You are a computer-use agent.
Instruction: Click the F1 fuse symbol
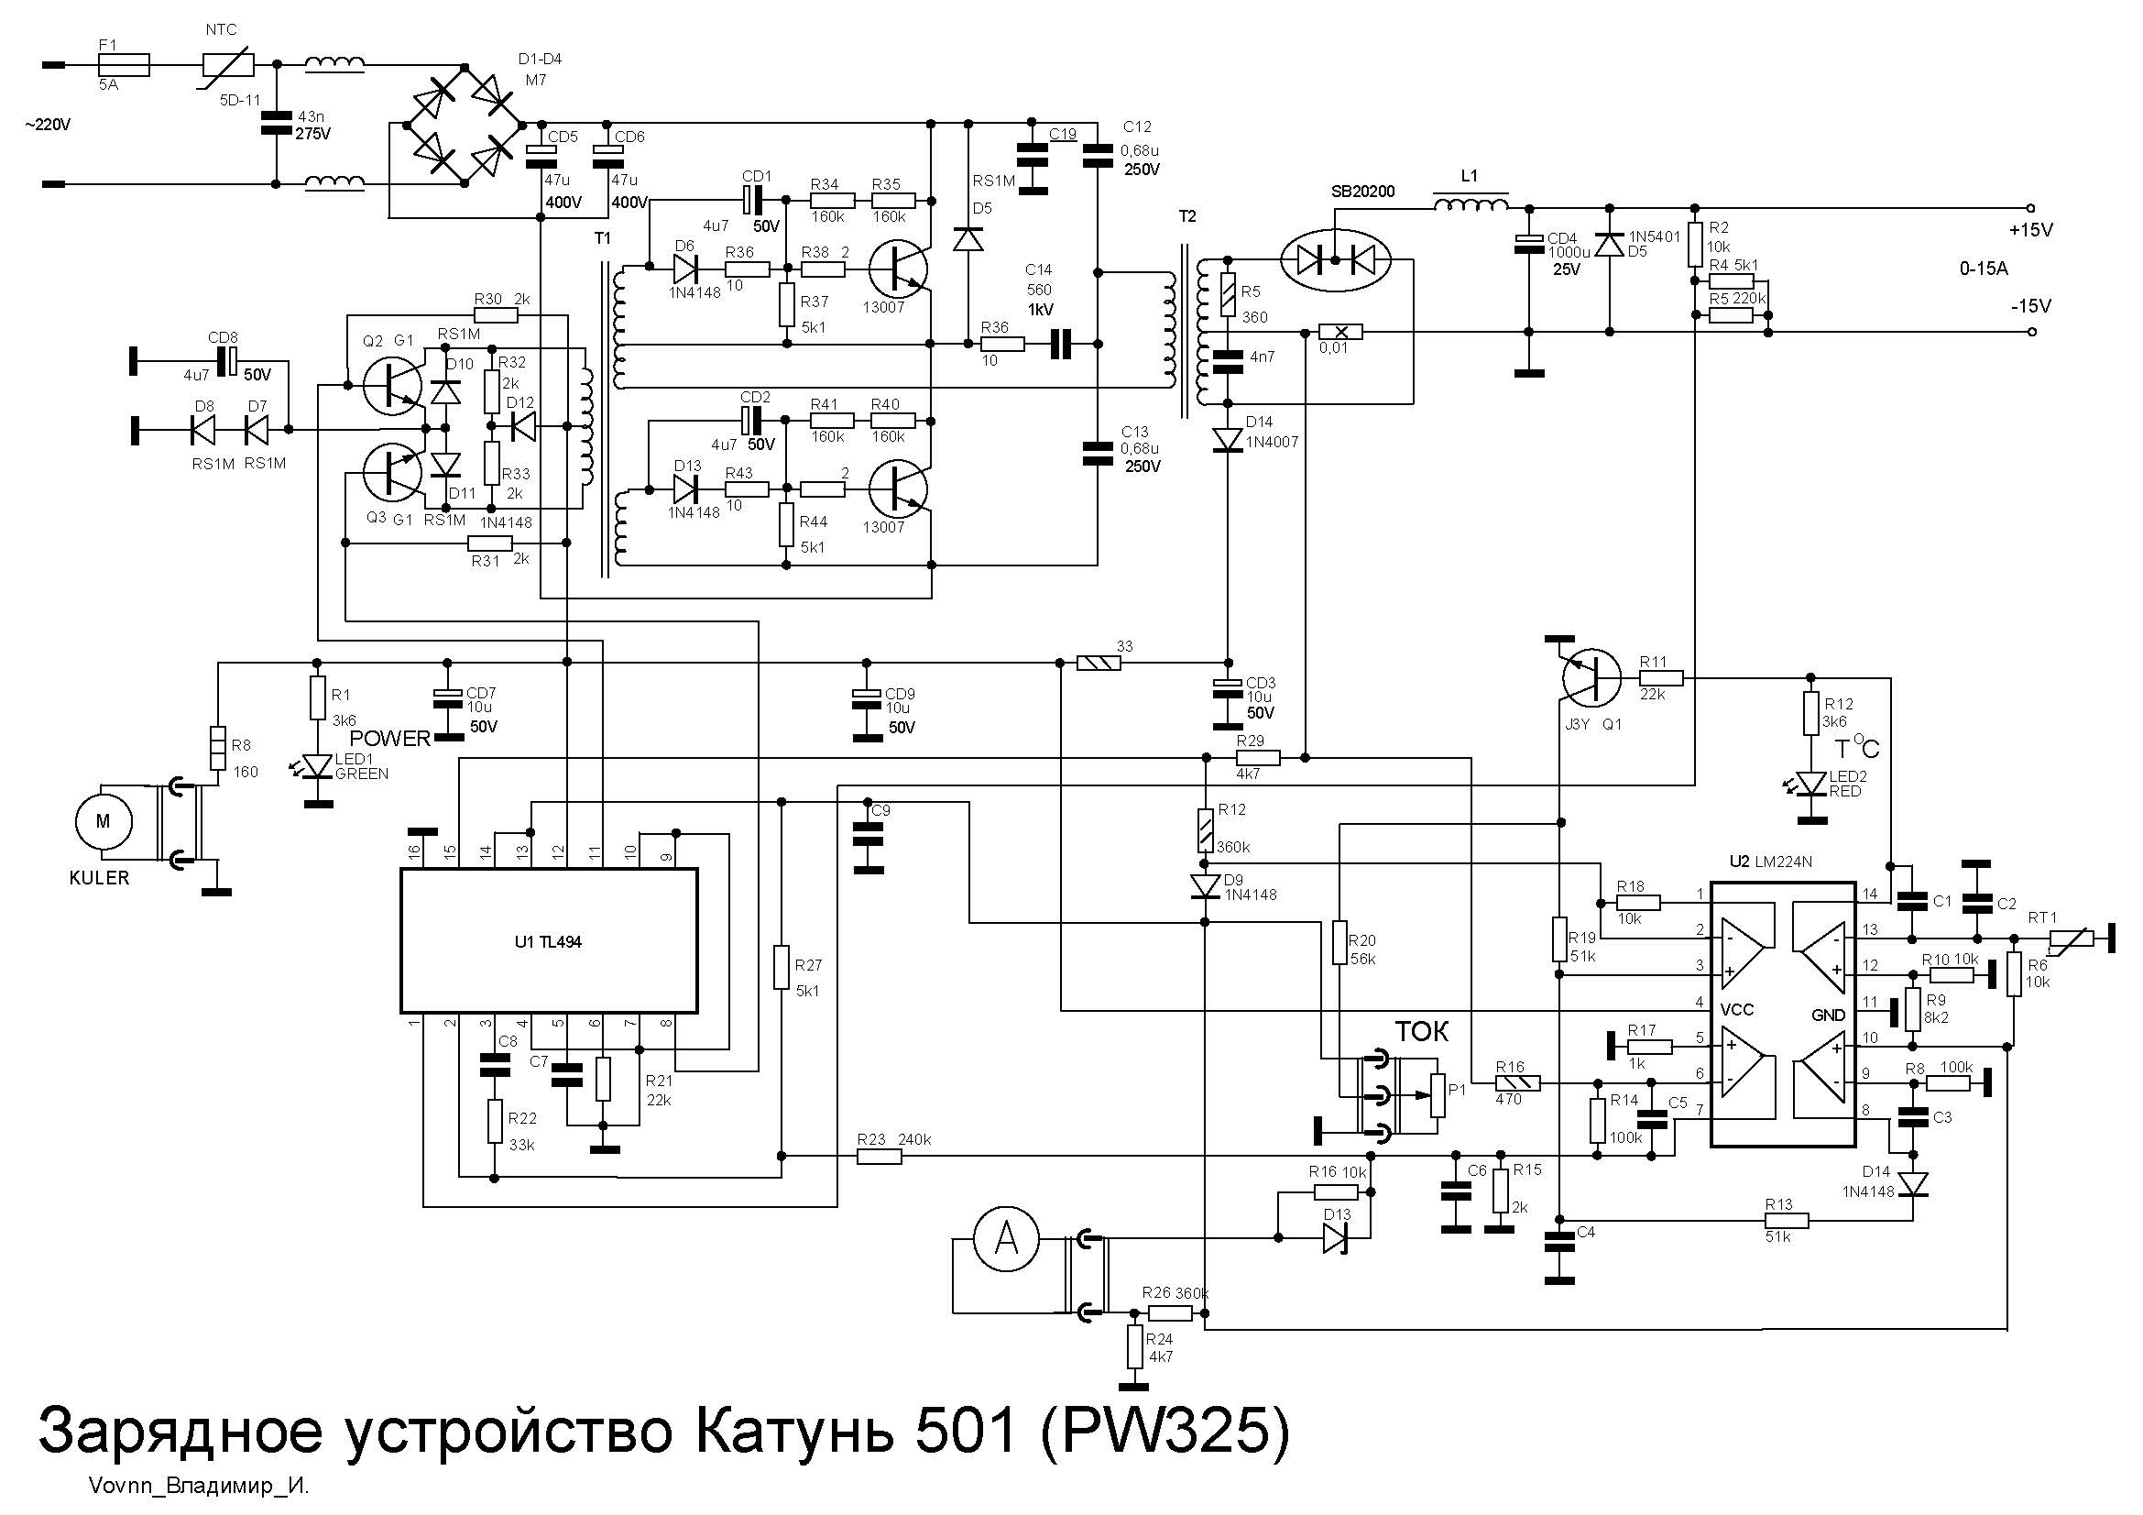tap(124, 64)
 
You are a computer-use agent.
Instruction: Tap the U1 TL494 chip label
tap(547, 942)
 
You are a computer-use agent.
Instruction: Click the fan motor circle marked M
tap(104, 821)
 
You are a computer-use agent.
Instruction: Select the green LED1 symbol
tap(320, 765)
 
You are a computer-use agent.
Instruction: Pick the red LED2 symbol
tap(1811, 785)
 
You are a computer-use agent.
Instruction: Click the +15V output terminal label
tap(2031, 230)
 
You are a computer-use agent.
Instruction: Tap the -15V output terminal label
tap(2031, 306)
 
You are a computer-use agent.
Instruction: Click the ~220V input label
tap(48, 124)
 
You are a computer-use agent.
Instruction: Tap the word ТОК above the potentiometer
tap(1422, 1031)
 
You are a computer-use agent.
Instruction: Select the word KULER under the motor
tap(100, 878)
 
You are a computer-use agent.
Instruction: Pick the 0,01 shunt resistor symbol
tap(1339, 332)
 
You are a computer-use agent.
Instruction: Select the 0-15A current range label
tap(1984, 269)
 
